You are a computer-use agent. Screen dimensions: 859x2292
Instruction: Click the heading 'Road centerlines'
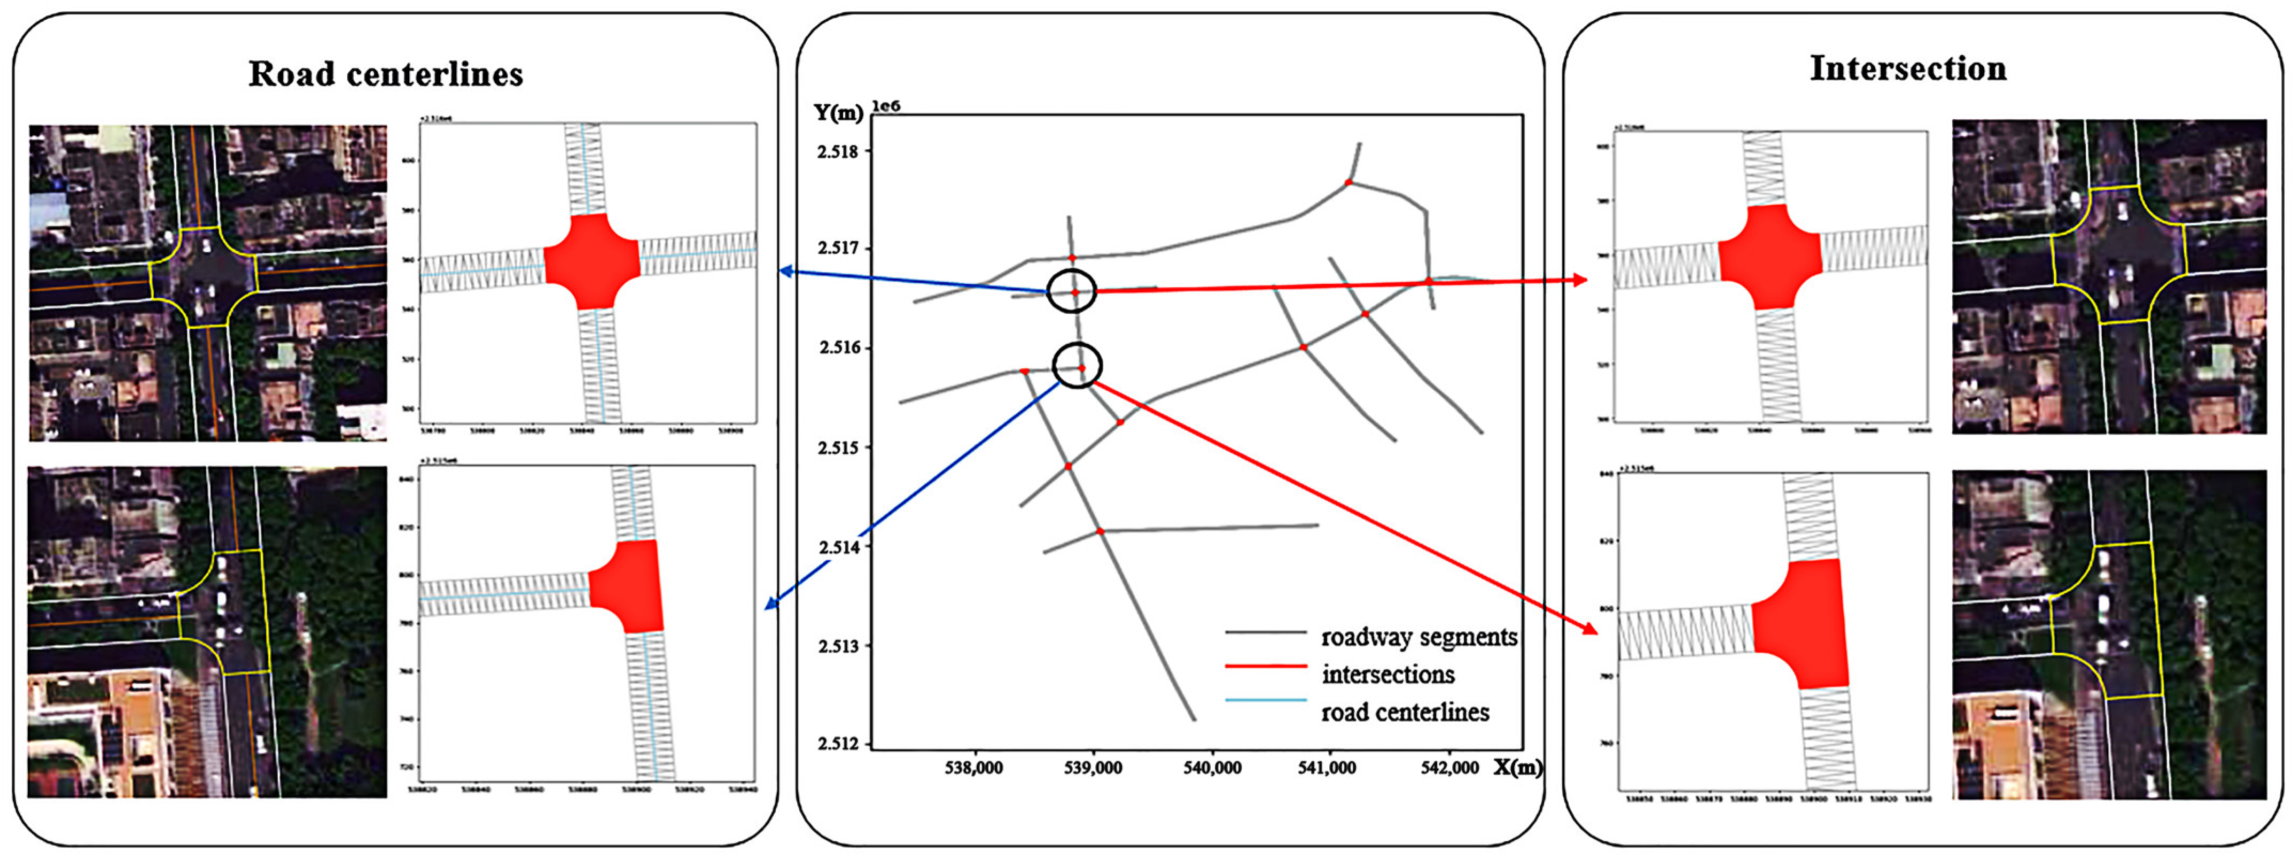(x=385, y=74)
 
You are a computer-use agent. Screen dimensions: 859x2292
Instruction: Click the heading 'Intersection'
(x=1908, y=68)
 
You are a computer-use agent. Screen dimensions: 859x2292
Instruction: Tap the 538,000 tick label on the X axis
(x=975, y=767)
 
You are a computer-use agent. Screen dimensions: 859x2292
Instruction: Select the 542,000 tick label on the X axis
(x=1449, y=767)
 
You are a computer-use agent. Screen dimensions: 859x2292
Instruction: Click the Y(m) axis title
(x=838, y=113)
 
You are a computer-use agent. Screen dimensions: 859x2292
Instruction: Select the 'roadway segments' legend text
(x=1418, y=637)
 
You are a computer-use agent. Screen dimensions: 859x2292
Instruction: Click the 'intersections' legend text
(x=1388, y=675)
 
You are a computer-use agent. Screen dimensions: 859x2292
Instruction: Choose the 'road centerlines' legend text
(x=1405, y=712)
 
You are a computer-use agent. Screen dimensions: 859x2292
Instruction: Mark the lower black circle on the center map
(x=1078, y=365)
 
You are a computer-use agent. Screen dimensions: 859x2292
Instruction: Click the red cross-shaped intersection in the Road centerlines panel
(x=591, y=262)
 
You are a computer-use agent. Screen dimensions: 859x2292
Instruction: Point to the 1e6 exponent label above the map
(x=885, y=106)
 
